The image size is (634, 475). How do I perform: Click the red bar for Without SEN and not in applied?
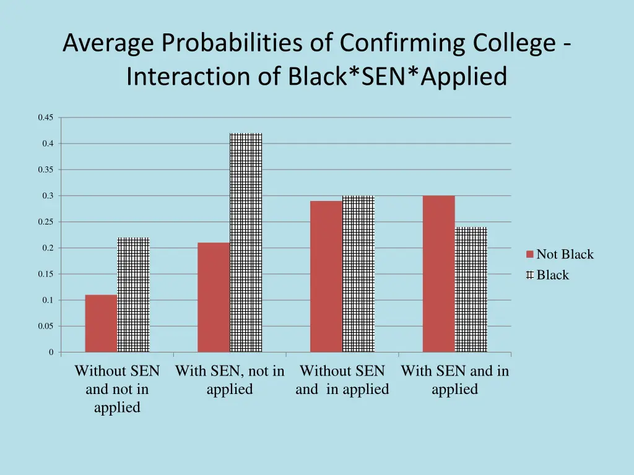point(101,323)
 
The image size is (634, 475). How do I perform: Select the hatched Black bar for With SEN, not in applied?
point(246,242)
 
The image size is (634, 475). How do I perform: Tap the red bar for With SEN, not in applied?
point(214,297)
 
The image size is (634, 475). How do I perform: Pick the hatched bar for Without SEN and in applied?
point(358,274)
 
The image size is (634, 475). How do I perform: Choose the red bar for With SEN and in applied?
point(438,274)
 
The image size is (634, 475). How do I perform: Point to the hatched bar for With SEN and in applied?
point(471,289)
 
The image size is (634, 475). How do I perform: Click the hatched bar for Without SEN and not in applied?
point(133,295)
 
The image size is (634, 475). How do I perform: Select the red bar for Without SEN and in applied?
point(326,276)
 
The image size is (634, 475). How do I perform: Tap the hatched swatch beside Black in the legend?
point(530,275)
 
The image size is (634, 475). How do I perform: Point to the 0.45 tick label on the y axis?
point(45,118)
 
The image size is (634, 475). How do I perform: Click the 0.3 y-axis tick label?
point(48,196)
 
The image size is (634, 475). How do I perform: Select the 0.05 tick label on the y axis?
point(45,326)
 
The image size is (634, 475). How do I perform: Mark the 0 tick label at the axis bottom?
point(51,353)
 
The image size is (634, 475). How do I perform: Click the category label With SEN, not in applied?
point(230,380)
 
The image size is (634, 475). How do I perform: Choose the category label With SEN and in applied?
point(455,380)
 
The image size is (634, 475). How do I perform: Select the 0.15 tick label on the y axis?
point(45,274)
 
